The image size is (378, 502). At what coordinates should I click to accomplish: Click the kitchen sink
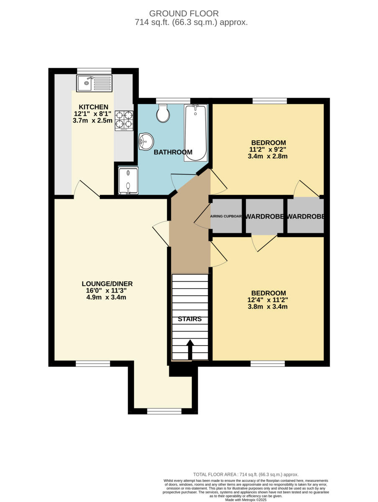[x=94, y=83]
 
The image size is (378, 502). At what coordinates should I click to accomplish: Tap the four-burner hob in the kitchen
[x=124, y=120]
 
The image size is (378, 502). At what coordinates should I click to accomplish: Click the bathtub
[x=195, y=133]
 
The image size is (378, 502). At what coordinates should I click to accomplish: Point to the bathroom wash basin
[x=146, y=141]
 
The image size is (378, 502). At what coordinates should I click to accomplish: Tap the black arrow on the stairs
[x=190, y=349]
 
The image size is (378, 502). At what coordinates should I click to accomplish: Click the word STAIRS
[x=190, y=319]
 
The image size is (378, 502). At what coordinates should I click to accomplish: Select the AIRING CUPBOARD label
[x=226, y=217]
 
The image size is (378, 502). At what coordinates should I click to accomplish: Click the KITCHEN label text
[x=94, y=107]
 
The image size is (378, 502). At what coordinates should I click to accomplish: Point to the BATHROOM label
[x=173, y=152]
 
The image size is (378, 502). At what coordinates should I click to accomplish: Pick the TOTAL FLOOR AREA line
[x=246, y=474]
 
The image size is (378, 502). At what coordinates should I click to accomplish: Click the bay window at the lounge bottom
[x=164, y=411]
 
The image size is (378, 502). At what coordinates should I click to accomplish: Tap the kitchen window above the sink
[x=94, y=70]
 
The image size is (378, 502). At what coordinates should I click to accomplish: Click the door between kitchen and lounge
[x=86, y=190]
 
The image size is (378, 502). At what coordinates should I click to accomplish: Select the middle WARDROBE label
[x=264, y=217]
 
